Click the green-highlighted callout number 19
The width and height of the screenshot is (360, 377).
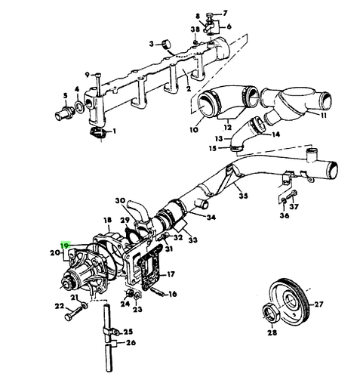pos(66,246)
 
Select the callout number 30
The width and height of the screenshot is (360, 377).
pos(119,201)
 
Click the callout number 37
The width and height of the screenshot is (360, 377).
pos(294,206)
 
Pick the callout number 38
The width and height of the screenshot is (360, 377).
pos(195,29)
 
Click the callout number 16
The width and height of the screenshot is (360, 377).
pos(173,294)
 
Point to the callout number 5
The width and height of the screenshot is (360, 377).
pos(66,95)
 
